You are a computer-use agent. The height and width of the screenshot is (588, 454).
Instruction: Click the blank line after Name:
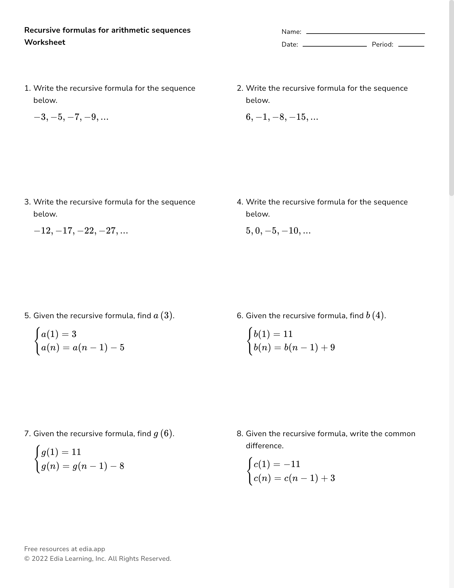pos(365,33)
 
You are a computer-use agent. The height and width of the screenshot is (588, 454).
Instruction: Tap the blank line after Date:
pos(334,46)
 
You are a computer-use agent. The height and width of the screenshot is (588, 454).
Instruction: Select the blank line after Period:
pos(411,46)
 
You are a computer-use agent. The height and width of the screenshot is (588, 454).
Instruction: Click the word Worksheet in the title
pos(45,42)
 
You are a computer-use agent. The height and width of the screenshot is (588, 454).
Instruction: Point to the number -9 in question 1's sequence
pos(91,117)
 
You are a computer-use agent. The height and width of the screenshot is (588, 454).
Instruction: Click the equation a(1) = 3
pos(59,334)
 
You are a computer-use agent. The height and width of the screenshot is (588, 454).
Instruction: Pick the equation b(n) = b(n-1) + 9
pos(294,348)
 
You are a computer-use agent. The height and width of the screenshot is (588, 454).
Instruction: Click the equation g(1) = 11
pos(61,452)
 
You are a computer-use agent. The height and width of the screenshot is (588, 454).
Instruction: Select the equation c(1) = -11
pos(277,464)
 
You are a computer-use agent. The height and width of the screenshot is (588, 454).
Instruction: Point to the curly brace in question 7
pos(38,459)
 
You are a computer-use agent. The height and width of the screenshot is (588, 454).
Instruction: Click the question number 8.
pos(239,434)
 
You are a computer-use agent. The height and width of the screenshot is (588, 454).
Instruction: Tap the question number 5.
pos(27,316)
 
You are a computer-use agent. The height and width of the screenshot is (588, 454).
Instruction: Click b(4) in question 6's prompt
pos(375,316)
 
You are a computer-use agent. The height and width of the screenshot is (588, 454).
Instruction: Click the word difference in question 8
pos(264,446)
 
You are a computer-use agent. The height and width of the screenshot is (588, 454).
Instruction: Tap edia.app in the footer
pos(92,549)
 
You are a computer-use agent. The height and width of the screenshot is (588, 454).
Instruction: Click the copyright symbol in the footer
pos(27,559)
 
